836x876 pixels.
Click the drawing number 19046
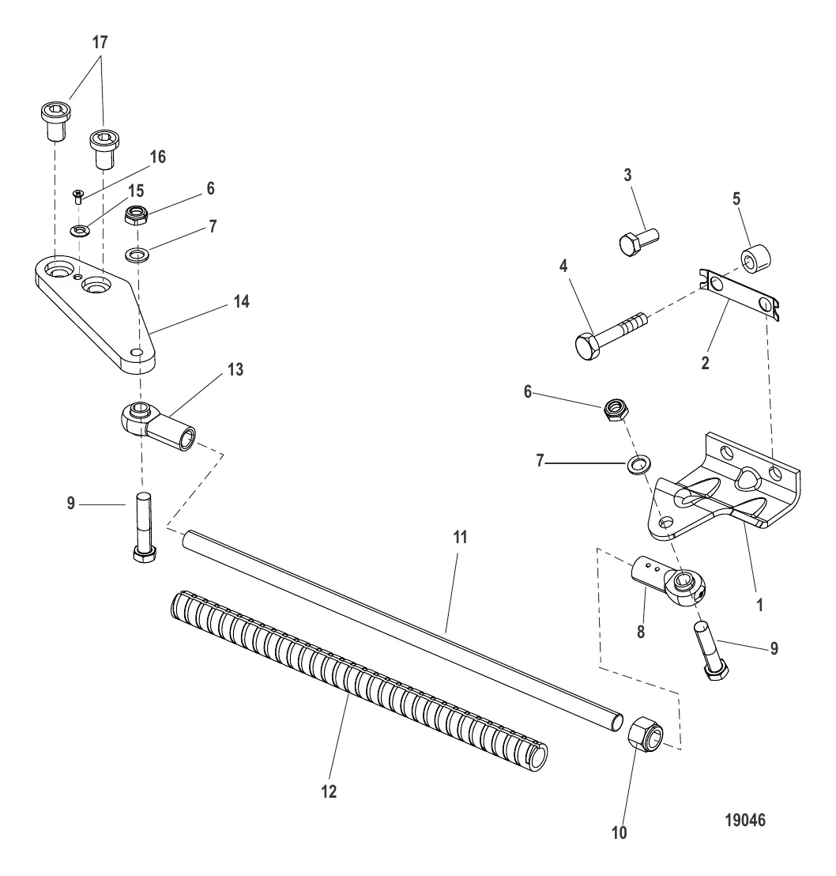pyautogui.click(x=745, y=820)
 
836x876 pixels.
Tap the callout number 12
pyautogui.click(x=329, y=791)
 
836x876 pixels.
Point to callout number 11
pyautogui.click(x=460, y=538)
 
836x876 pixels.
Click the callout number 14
pyautogui.click(x=241, y=302)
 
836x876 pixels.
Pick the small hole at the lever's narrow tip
pyautogui.click(x=136, y=353)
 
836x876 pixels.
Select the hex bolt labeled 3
pyautogui.click(x=639, y=241)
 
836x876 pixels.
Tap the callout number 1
pyautogui.click(x=759, y=605)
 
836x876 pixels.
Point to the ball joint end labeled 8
pyautogui.click(x=668, y=582)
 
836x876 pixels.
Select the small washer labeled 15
pyautogui.click(x=81, y=229)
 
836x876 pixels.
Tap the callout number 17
pyautogui.click(x=100, y=42)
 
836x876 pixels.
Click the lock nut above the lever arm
pyautogui.click(x=136, y=214)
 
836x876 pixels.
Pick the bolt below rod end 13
pyautogui.click(x=144, y=527)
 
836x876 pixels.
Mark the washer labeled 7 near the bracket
pyautogui.click(x=636, y=465)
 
